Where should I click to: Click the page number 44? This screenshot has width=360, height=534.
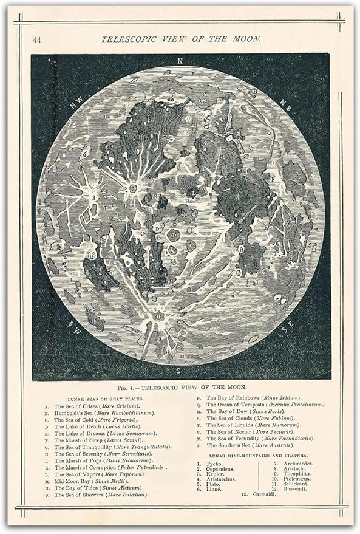tap(37, 39)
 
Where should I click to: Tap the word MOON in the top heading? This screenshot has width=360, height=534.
tap(248, 38)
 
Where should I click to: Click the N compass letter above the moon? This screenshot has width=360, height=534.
tap(180, 61)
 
